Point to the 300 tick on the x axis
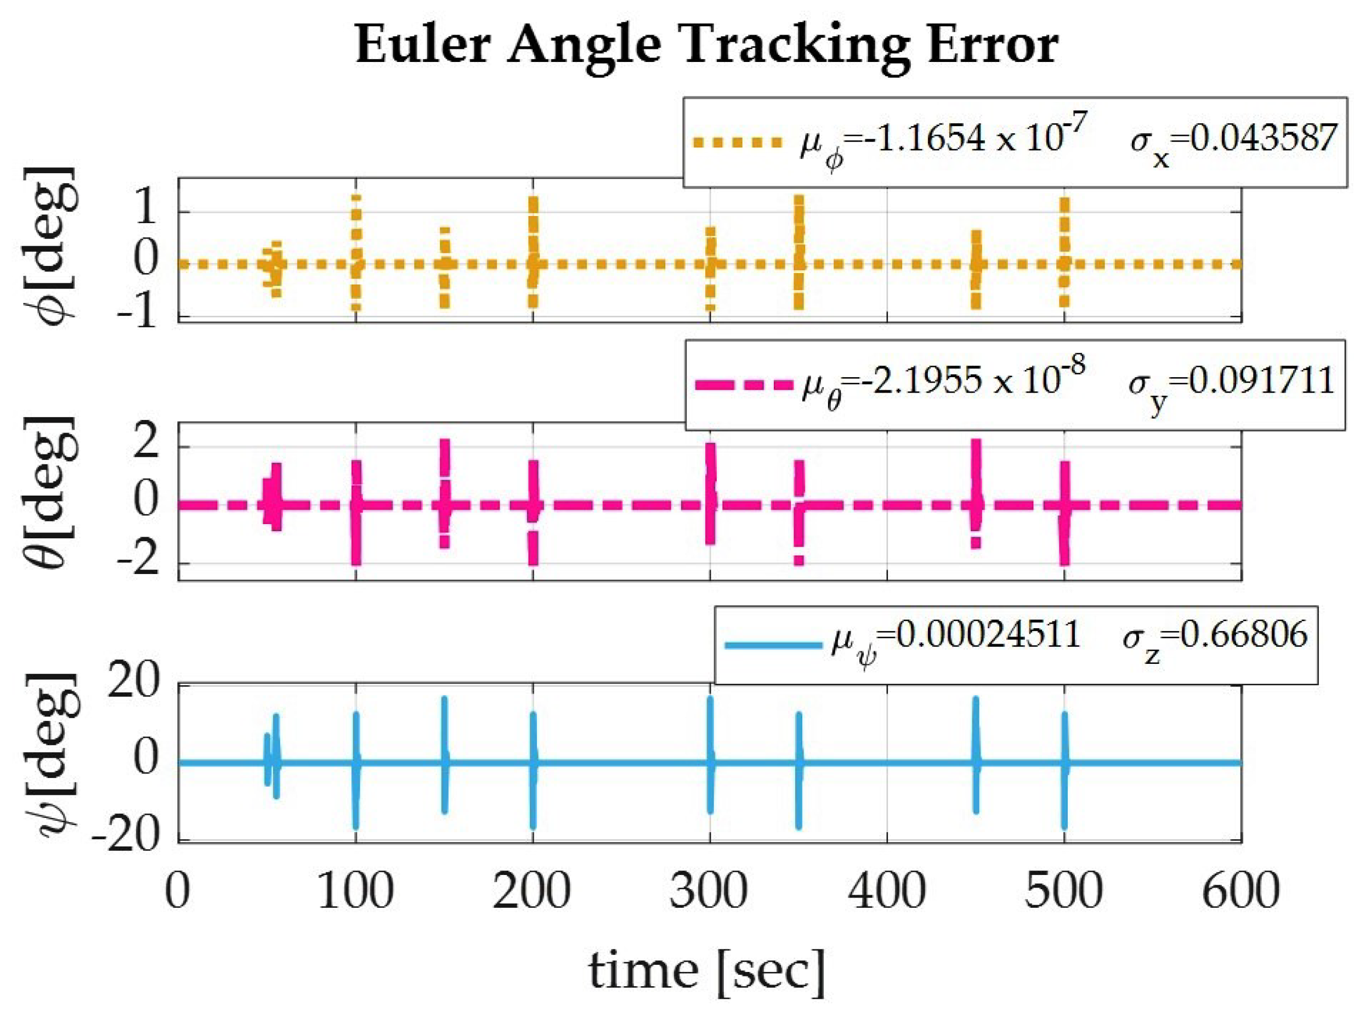pos(709,891)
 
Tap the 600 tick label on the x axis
pos(1242,891)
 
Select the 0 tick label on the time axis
pos(178,891)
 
